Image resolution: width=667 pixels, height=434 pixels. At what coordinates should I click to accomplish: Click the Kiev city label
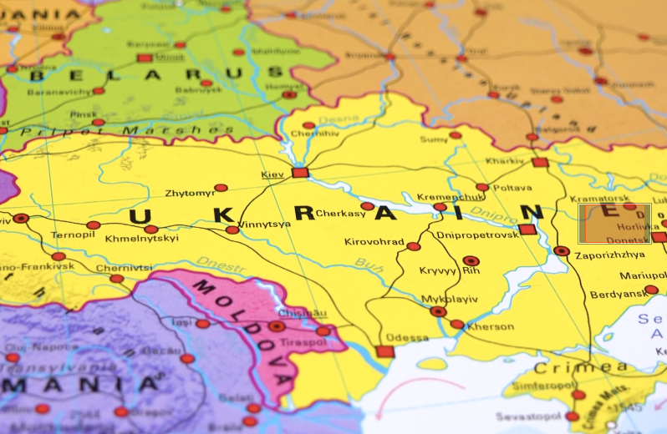(272, 174)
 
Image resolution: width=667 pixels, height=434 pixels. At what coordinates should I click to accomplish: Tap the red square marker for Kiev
(300, 173)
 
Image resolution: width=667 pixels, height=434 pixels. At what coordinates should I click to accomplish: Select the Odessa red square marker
(384, 351)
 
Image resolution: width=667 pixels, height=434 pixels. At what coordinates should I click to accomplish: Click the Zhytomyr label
(190, 193)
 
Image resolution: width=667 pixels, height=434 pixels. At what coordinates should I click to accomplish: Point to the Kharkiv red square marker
(540, 163)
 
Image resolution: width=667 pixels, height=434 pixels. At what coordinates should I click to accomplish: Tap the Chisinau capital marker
(277, 326)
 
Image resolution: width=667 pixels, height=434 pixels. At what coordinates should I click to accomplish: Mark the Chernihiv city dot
(308, 126)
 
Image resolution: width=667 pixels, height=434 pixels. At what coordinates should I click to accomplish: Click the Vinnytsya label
(264, 224)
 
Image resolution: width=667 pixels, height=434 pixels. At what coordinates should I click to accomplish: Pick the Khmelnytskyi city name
(141, 239)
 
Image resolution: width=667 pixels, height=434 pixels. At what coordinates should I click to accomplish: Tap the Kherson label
(490, 326)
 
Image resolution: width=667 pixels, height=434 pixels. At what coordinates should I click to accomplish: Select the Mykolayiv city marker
(438, 311)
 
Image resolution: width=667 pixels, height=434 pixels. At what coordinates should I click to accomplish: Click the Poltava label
(512, 188)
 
